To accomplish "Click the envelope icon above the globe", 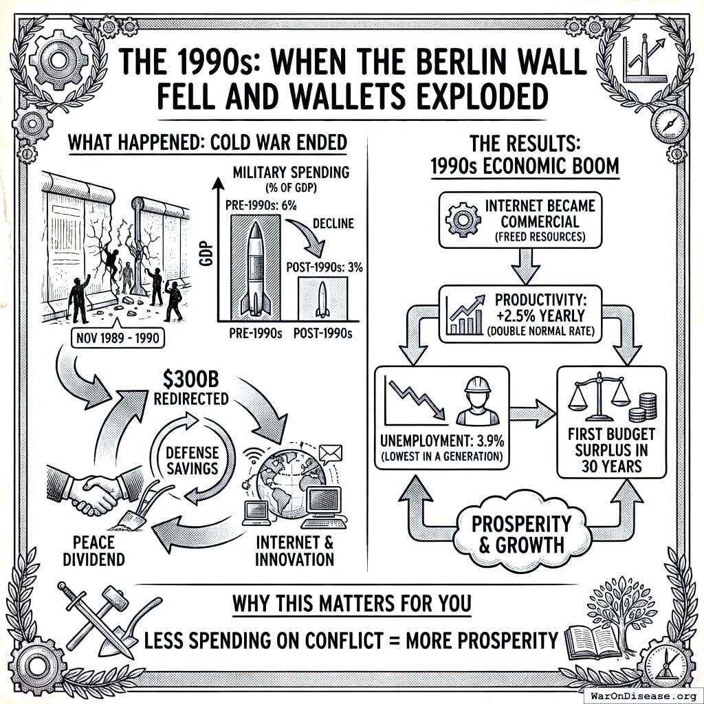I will [331, 453].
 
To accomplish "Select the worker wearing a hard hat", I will [476, 402].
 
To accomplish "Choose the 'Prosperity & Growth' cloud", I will [521, 533].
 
